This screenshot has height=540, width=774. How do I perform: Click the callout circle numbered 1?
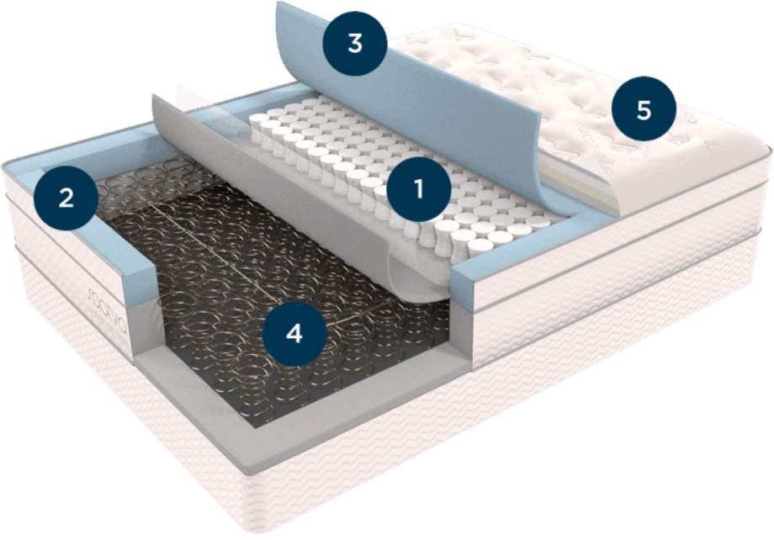[x=418, y=188]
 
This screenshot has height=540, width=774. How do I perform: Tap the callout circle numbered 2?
[x=65, y=198]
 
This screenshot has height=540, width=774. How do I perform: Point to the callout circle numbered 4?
[x=293, y=333]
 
